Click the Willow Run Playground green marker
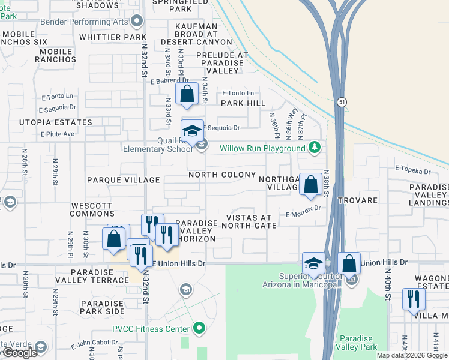pos(313,148)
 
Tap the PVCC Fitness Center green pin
pos(200,328)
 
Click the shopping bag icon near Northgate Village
pos(310,184)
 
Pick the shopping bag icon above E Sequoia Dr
pos(187,94)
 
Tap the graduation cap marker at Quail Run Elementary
pos(193,131)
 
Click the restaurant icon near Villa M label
pos(412,298)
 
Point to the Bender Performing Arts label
pos(85,22)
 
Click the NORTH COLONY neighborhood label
pos(222,175)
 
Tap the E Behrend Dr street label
pos(170,80)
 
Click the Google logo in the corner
pos(20,353)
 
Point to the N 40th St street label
pos(388,285)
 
